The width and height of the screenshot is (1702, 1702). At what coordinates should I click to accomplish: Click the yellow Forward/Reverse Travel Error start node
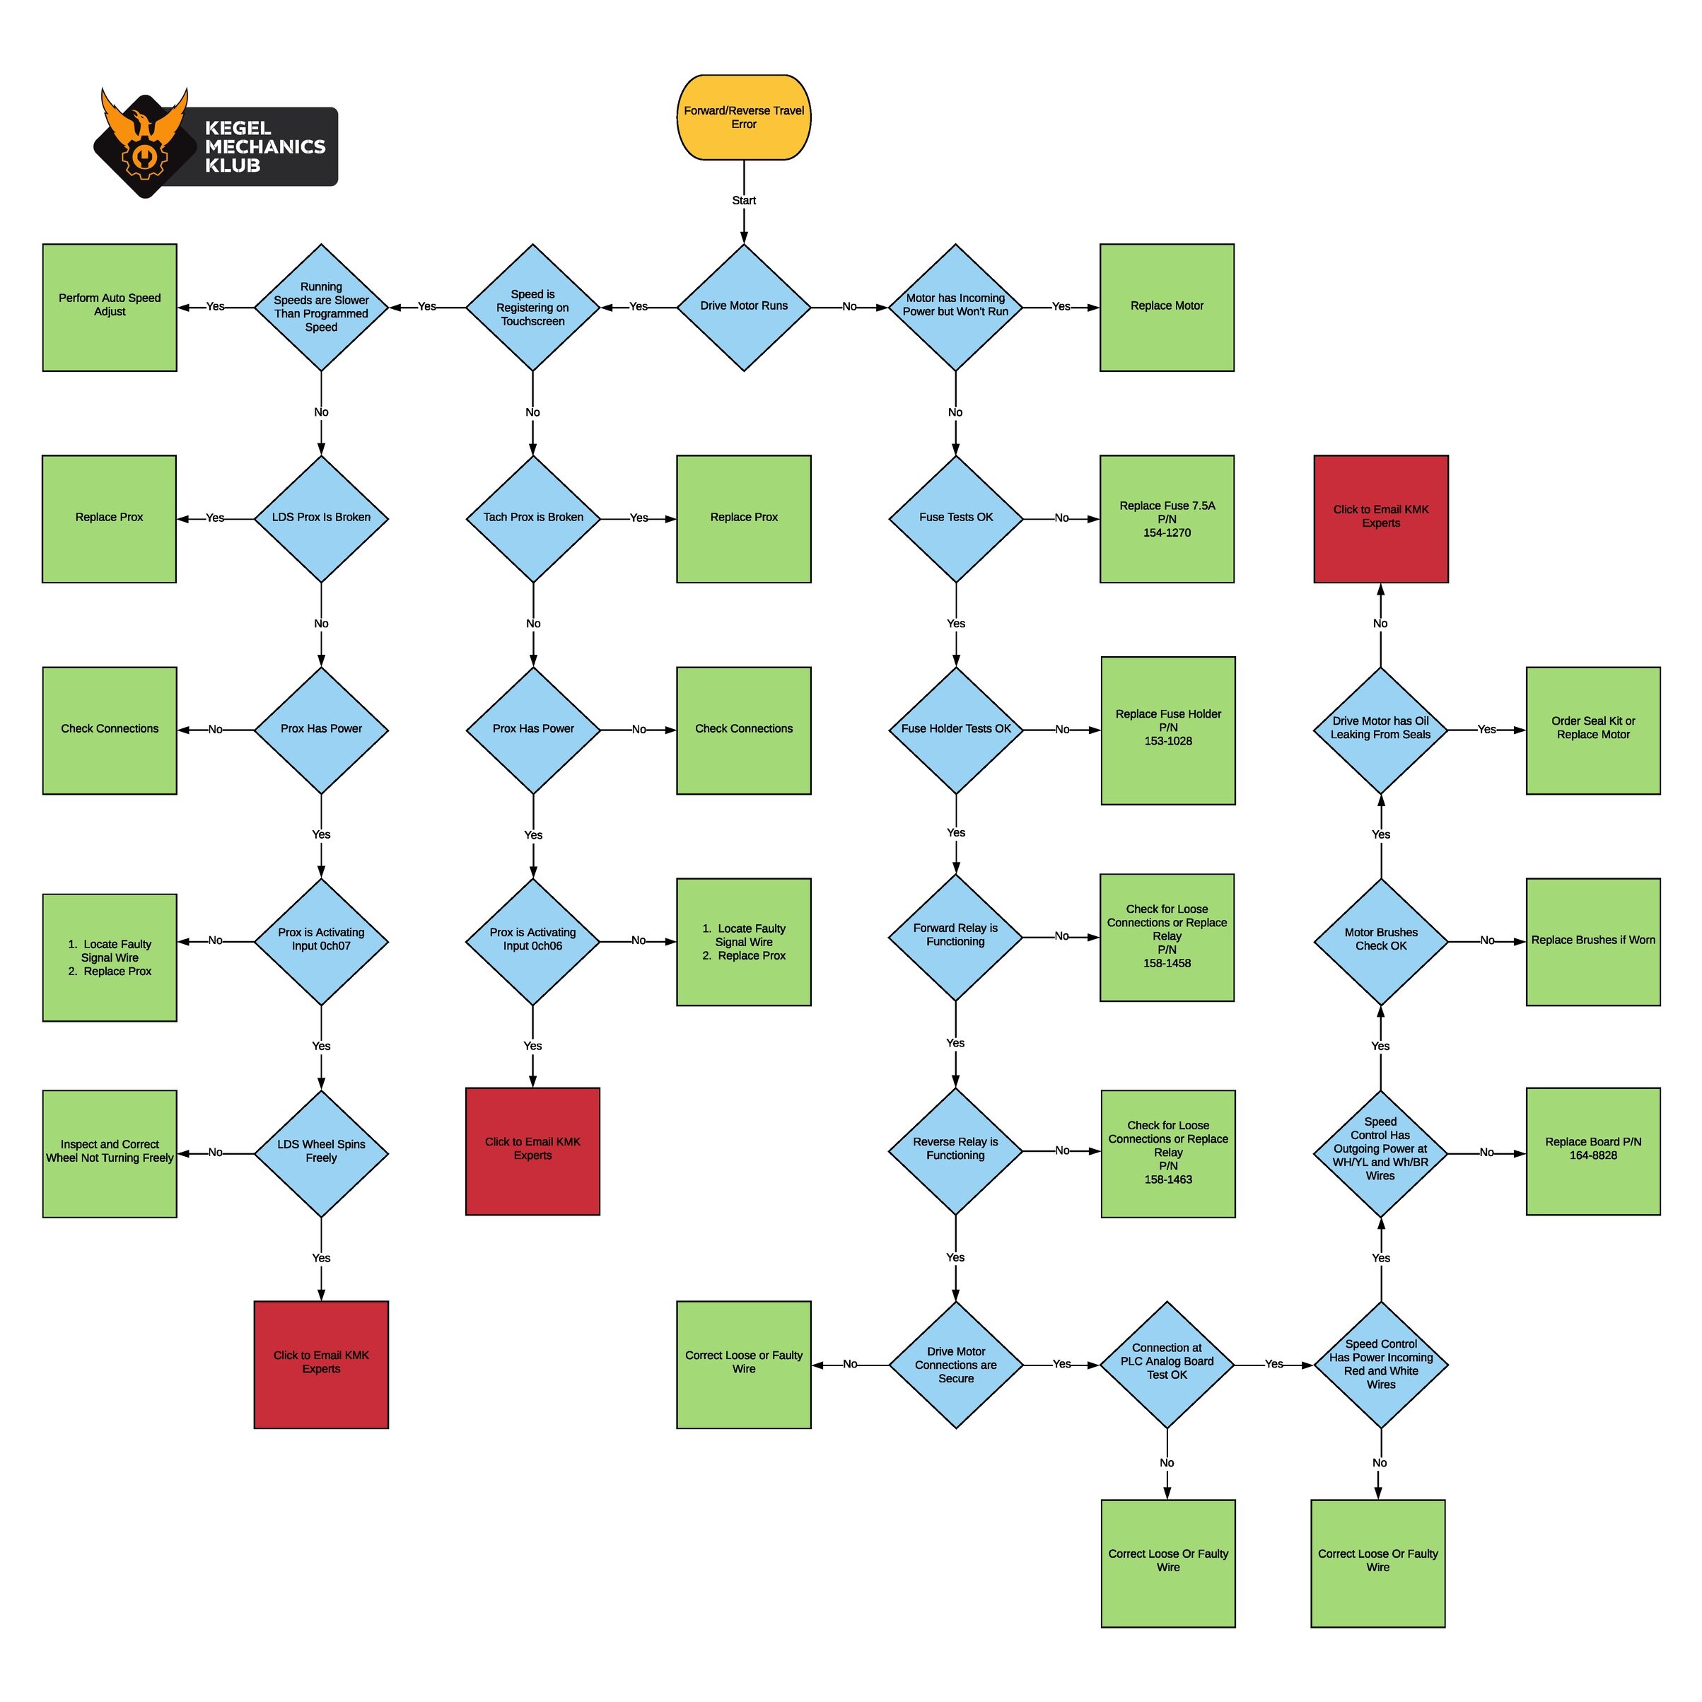[744, 117]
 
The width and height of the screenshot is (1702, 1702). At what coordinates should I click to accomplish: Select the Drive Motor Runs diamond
[744, 307]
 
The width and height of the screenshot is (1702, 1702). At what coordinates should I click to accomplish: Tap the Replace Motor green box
[1167, 307]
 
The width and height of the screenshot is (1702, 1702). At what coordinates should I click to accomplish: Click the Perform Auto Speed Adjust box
[109, 307]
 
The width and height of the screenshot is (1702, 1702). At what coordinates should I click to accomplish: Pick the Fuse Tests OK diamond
[956, 518]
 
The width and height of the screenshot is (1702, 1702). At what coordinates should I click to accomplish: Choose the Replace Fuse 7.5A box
[1167, 518]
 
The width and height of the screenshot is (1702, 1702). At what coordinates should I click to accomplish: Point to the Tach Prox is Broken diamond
[533, 518]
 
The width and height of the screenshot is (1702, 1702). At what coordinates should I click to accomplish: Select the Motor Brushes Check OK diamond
[1380, 941]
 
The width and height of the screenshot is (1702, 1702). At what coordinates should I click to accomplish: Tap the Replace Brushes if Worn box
[1593, 941]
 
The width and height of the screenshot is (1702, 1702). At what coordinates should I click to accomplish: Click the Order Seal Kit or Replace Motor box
[1593, 730]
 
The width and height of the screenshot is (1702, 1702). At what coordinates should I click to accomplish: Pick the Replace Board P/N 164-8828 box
[1593, 1150]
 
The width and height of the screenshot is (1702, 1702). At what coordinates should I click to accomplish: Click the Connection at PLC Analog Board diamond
[1167, 1364]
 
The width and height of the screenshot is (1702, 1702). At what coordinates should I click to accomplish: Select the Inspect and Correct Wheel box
[109, 1153]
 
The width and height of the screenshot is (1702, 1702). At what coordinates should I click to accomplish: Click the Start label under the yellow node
[744, 201]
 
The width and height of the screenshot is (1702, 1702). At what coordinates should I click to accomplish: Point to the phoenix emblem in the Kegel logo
[144, 141]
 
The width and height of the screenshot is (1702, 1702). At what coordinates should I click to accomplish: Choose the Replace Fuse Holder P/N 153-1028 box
[1168, 730]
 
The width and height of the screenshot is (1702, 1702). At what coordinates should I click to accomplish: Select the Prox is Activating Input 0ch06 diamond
[533, 941]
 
